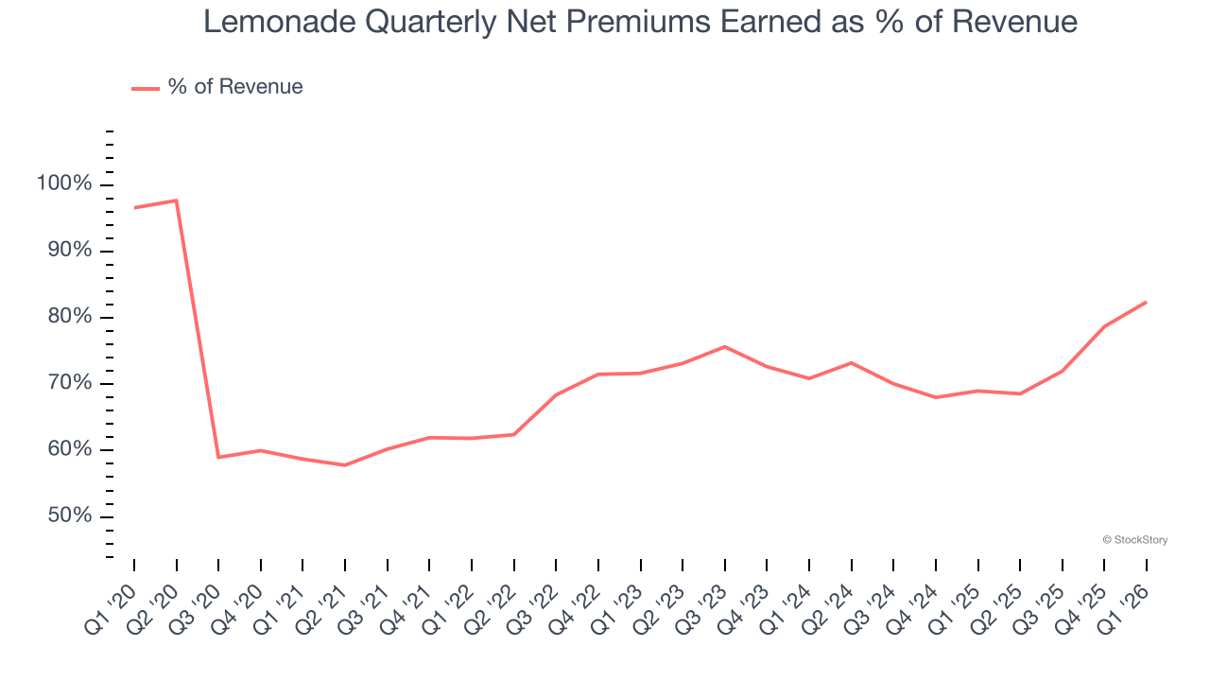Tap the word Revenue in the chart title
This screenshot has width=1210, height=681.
[1014, 21]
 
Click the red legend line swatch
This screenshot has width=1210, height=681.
[146, 88]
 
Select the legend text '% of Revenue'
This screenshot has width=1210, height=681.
[235, 87]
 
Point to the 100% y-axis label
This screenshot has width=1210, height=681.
[64, 183]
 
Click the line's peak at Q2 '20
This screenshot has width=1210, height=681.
[176, 201]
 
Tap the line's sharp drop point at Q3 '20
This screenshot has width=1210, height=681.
[218, 457]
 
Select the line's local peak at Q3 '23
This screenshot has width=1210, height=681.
[724, 346]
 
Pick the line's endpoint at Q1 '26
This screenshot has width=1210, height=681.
[1146, 302]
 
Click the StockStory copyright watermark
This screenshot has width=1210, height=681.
[1135, 540]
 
